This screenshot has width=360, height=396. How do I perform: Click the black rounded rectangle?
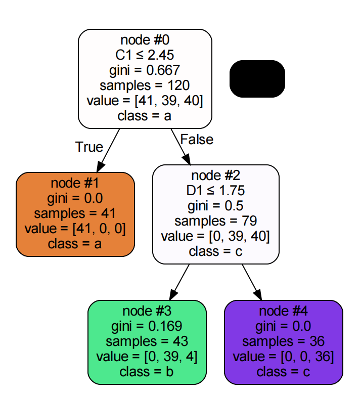coord(257,78)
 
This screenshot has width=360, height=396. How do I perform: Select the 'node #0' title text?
coord(145,40)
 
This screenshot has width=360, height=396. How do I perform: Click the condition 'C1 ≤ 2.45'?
coord(145,55)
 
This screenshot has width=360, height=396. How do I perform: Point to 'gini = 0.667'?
coord(145,70)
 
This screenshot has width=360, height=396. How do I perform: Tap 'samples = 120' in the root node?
coord(145,85)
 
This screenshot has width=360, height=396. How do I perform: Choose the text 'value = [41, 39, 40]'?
coord(145,100)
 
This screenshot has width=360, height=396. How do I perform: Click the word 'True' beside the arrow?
coord(89,147)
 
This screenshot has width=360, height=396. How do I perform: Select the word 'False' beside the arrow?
coord(197,139)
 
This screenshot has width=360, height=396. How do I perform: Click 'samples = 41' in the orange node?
coord(75,213)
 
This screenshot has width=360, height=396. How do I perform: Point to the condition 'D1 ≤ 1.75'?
coord(216,191)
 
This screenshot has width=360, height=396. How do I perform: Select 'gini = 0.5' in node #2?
coord(216,206)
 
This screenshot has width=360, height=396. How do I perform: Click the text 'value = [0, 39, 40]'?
coord(216,236)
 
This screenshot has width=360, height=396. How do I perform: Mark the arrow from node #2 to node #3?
coord(179,282)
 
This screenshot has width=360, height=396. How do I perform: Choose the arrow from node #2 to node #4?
coord(251,282)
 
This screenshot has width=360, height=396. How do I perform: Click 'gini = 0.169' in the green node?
coord(147,326)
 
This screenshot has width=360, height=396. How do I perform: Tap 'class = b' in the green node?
coord(147,372)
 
